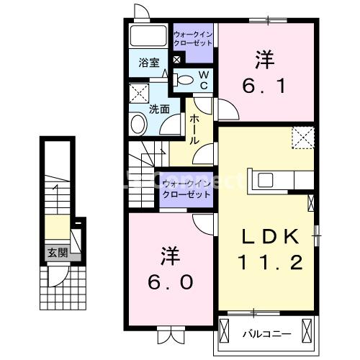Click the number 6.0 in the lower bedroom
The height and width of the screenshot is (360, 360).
point(170,282)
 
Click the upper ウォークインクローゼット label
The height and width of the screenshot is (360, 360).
point(193,38)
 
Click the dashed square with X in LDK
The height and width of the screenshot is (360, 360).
point(302,137)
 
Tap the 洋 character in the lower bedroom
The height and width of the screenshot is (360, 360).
point(170,256)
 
